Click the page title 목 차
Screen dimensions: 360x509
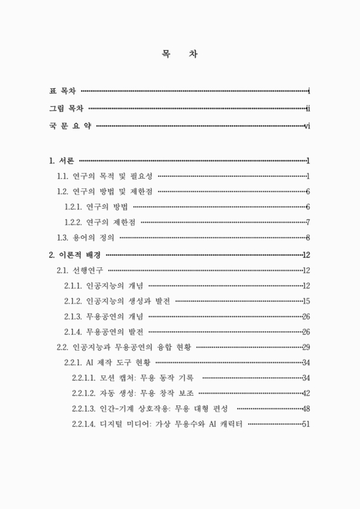[x=179, y=55]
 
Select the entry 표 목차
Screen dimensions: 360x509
[x=63, y=91]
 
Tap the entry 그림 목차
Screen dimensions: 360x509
[x=67, y=109]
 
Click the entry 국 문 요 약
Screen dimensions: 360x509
[x=71, y=126]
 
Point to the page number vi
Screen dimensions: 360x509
[x=307, y=126]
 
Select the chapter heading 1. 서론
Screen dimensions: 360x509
[x=62, y=160]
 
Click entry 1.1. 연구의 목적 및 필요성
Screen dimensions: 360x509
[x=105, y=176]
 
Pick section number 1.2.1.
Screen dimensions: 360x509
[x=76, y=206]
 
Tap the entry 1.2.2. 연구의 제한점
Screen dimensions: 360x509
[x=100, y=222]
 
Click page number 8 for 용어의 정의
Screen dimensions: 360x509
[x=307, y=238]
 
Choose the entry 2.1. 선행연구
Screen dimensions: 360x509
[x=80, y=270]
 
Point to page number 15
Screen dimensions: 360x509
[x=306, y=301]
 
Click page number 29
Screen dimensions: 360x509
[x=306, y=347]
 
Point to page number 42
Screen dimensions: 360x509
[x=306, y=393]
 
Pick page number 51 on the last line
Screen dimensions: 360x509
[x=306, y=424]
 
